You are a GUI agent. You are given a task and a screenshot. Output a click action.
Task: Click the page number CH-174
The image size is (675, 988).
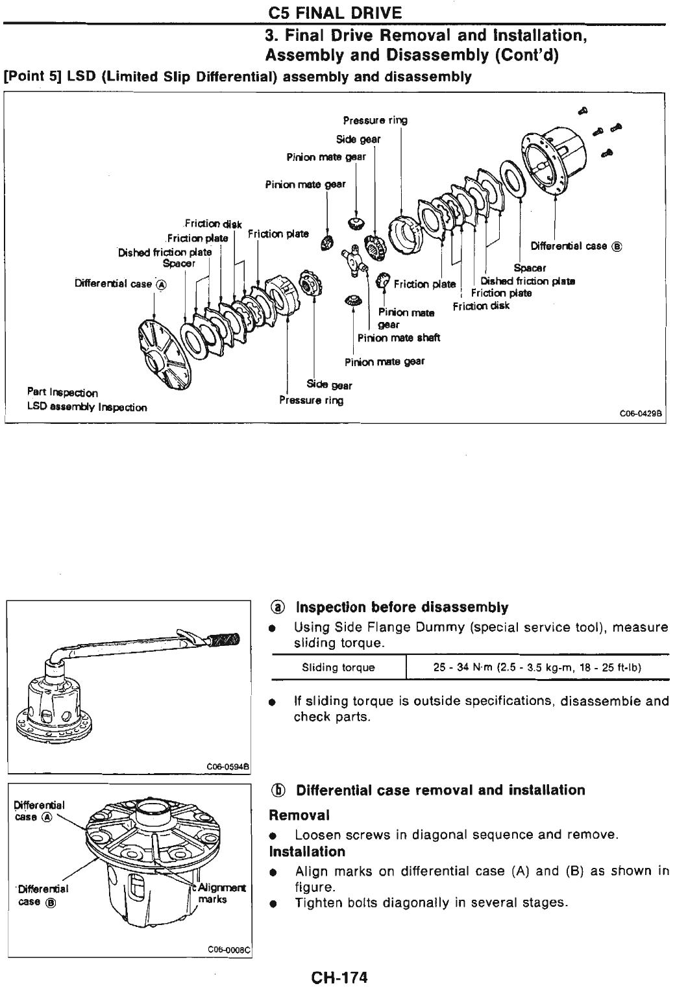(339, 976)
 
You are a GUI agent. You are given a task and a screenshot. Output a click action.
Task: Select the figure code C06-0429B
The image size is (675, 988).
(640, 415)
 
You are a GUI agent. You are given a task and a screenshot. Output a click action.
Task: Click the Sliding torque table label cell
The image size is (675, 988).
(338, 667)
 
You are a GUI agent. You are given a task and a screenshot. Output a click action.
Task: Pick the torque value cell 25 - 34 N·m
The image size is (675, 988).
(537, 667)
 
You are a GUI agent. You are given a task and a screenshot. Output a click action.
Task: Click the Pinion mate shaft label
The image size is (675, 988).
(399, 338)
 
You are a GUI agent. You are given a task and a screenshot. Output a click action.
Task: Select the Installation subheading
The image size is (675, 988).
(307, 851)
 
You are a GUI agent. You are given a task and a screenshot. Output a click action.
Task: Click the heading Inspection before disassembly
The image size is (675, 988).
(402, 607)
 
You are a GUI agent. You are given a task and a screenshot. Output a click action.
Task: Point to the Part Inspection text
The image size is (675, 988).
(62, 392)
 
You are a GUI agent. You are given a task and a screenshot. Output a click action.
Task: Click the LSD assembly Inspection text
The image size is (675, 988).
(86, 408)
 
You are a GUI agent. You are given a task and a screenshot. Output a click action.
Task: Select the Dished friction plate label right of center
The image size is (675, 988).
(527, 281)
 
